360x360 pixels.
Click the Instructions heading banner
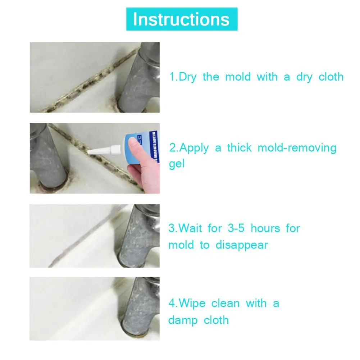tap(182, 19)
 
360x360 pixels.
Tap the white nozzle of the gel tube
tap(104, 150)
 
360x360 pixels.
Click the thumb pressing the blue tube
tap(135, 147)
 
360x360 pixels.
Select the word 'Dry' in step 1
tap(188, 77)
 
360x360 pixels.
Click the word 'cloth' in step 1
tap(331, 77)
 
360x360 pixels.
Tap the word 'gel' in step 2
tap(177, 164)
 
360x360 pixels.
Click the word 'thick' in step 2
tap(239, 147)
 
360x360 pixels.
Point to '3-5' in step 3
tap(236, 228)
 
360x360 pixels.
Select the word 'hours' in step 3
tap(265, 228)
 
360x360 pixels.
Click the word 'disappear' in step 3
tap(242, 245)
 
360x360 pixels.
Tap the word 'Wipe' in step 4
tap(192, 303)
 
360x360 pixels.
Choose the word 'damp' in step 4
tap(183, 320)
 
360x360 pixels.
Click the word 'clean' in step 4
tap(225, 303)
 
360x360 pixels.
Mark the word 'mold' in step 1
tap(238, 77)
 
